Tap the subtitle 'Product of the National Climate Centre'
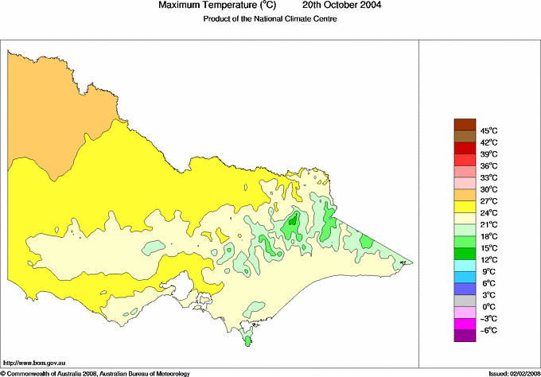click(270, 20)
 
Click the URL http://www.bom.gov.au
click(33, 362)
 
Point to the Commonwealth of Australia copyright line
click(95, 373)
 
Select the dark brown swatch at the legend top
click(464, 124)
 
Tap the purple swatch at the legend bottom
click(464, 336)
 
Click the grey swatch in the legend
click(464, 301)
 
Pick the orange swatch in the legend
click(464, 195)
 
